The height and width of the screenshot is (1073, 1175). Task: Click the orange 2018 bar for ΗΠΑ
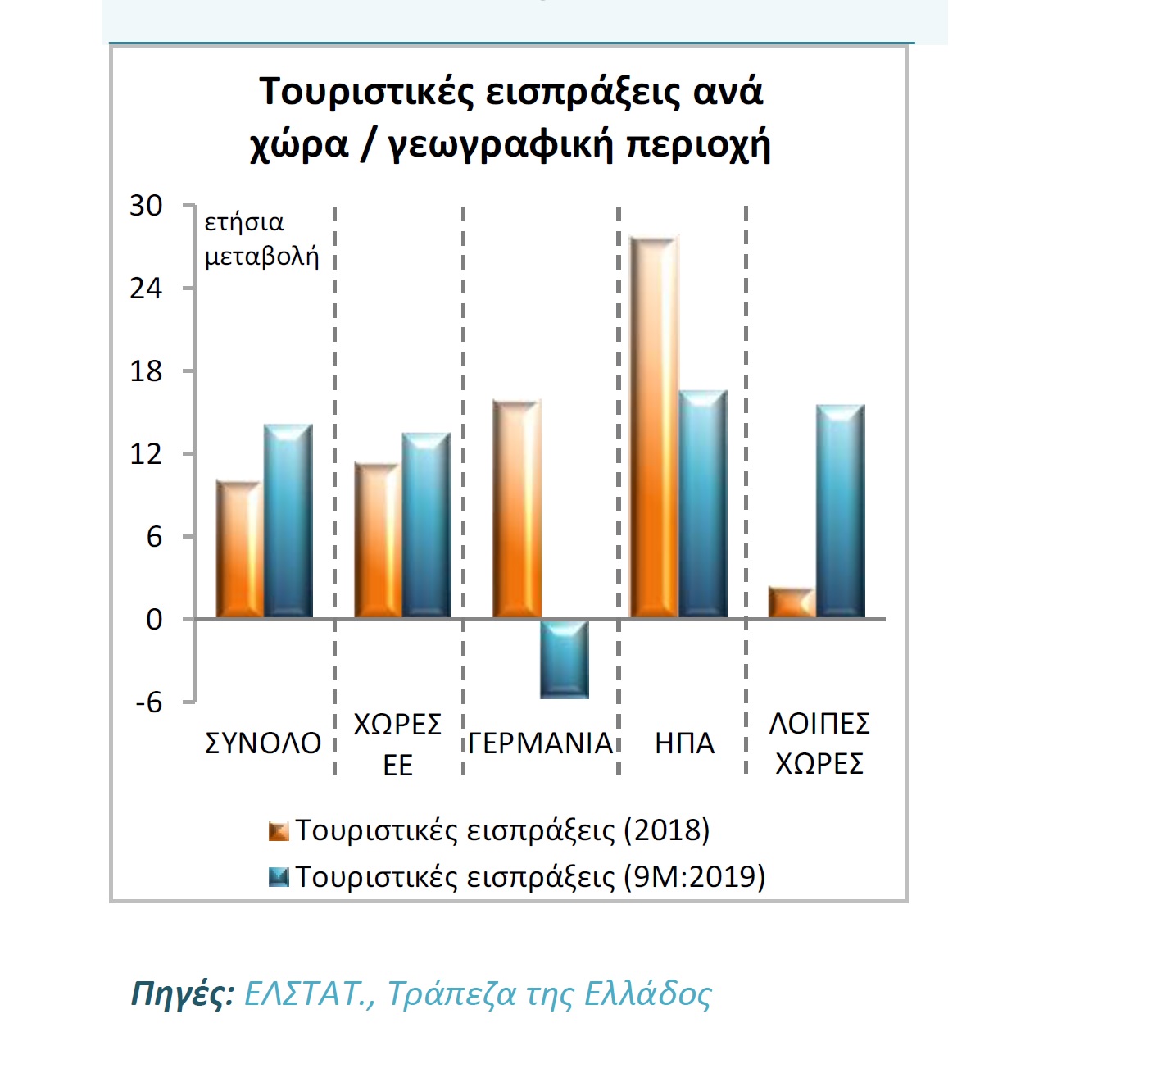point(654,427)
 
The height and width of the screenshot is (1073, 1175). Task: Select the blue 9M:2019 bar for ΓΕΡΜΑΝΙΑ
point(565,659)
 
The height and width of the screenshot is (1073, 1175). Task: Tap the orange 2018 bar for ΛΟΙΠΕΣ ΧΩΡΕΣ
point(792,603)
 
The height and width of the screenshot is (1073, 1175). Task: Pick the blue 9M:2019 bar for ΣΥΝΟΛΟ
point(288,521)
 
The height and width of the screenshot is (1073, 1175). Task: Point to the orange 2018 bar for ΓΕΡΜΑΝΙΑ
point(516,509)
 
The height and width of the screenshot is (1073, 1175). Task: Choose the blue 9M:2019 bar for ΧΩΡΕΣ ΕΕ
point(426,525)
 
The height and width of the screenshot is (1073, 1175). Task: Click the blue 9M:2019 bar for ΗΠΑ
point(703,504)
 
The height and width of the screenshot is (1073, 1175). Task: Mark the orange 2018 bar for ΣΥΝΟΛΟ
point(238,550)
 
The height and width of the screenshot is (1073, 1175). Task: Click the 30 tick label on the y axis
point(146,206)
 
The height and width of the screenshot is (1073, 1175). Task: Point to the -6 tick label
point(148,702)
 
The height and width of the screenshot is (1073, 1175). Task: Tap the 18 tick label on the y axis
point(146,371)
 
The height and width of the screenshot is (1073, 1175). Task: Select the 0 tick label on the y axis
point(154,620)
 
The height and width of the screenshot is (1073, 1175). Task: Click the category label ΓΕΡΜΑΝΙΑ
point(541,743)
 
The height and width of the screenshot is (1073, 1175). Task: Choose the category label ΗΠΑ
point(685,743)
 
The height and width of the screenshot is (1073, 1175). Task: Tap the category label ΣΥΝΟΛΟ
point(262,743)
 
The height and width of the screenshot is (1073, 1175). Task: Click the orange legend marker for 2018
point(279,832)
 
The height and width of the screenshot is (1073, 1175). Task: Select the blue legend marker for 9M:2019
point(279,878)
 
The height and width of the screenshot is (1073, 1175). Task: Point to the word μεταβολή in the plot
point(261,257)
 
